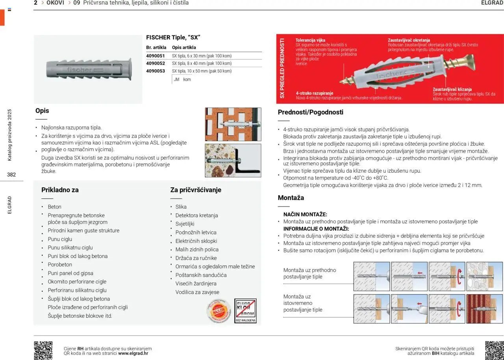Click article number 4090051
click(156, 56)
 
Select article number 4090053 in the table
click(156, 71)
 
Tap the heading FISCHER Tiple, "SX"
click(173, 37)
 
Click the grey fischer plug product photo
click(87, 69)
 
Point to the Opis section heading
click(42, 111)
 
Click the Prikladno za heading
click(60, 190)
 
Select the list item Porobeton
click(60, 264)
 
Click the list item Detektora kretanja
click(196, 215)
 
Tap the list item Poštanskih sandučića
click(201, 275)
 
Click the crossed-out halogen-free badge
click(245, 310)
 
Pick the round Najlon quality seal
click(219, 311)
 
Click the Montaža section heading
click(291, 198)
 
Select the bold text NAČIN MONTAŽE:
click(305, 214)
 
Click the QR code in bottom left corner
click(43, 350)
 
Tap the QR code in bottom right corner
click(494, 350)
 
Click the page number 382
click(11, 175)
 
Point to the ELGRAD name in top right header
click(492, 3)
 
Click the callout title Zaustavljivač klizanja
click(452, 89)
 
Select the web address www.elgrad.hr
click(133, 353)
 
